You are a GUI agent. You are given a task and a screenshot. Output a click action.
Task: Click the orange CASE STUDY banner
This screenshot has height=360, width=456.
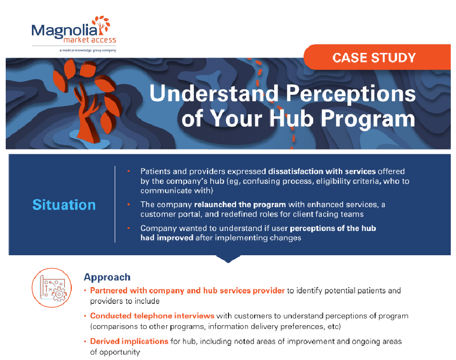pos(374,58)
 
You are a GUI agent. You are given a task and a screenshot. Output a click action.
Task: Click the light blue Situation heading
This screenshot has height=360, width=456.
pos(64,205)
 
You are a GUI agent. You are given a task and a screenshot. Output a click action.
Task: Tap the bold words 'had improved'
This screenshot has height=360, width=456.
pos(167,238)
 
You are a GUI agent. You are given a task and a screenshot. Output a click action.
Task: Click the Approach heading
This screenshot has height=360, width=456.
pos(107,277)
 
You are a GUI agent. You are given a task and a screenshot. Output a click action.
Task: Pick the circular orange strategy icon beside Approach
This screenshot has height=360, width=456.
pos(51,288)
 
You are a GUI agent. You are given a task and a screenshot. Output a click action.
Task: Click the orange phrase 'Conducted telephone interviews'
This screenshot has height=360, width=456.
pos(152,316)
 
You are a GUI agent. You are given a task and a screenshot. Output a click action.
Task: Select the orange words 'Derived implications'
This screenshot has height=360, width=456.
pos(129,341)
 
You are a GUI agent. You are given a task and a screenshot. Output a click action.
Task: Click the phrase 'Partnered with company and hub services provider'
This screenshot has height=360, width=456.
pos(187,290)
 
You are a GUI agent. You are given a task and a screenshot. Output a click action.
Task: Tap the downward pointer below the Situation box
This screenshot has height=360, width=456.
pos(228,259)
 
